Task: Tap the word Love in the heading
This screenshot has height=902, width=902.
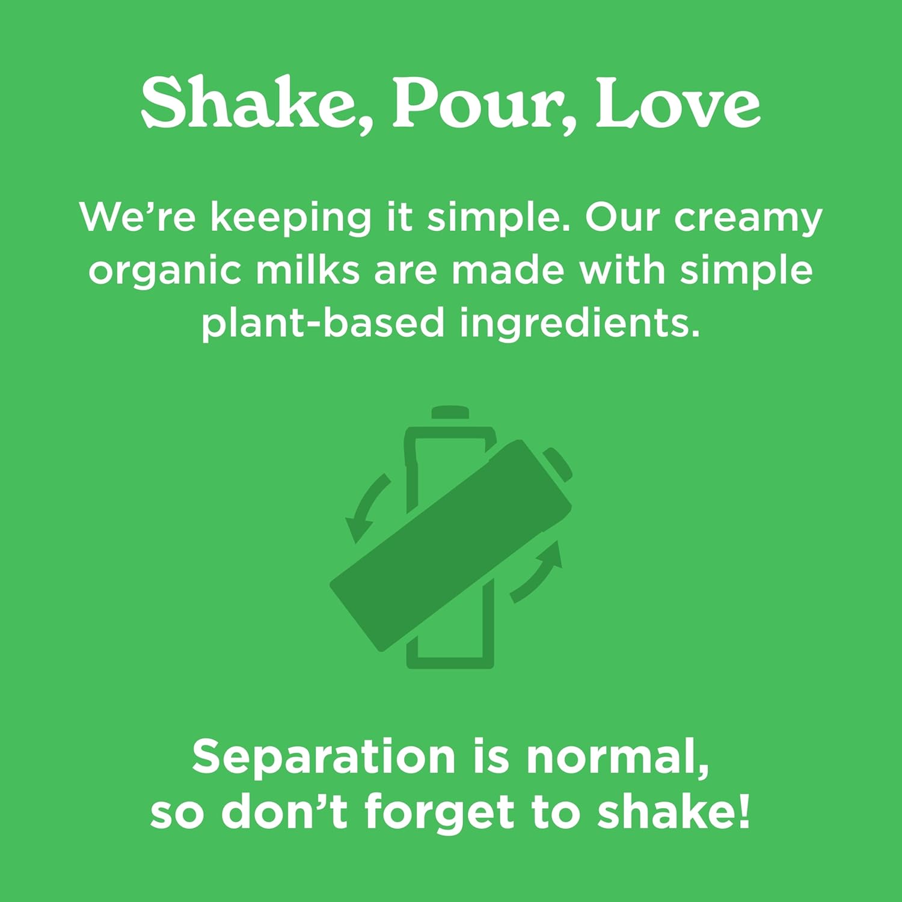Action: [x=678, y=103]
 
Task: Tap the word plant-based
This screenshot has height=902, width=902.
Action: [x=322, y=324]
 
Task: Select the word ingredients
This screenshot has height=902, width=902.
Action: [x=580, y=324]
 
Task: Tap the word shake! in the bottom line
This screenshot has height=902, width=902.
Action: [x=674, y=812]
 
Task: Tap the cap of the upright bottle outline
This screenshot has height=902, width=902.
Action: [x=450, y=413]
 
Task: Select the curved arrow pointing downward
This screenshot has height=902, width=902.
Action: [x=364, y=505]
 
